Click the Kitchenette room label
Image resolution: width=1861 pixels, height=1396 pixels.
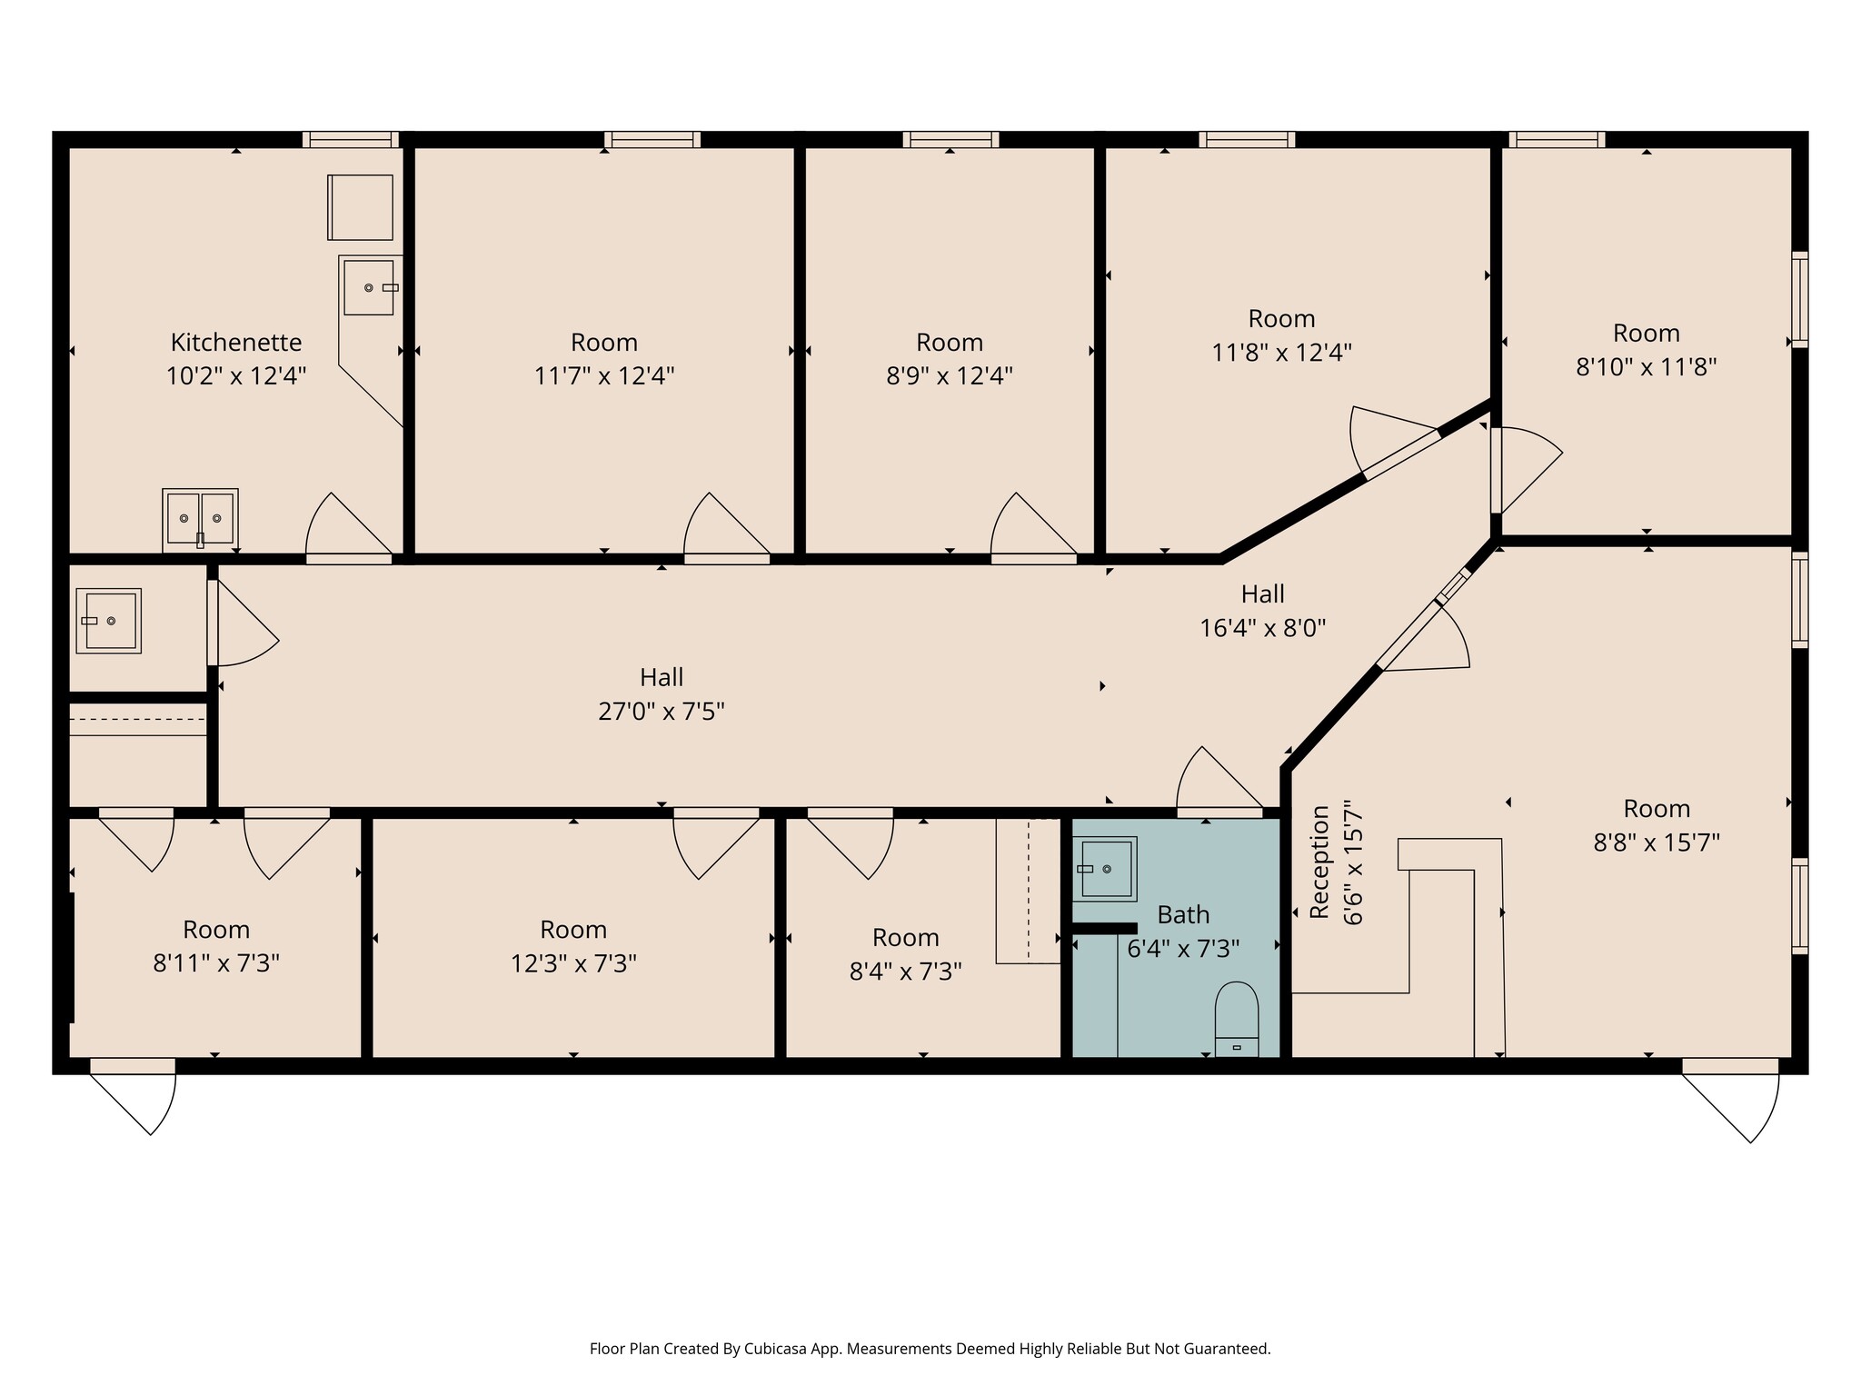[236, 343]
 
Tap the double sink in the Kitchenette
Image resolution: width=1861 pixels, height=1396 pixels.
[200, 519]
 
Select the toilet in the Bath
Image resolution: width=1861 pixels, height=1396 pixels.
[1237, 1019]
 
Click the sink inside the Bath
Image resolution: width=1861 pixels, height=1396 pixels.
[1104, 869]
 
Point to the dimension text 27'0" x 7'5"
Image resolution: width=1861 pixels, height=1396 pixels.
[661, 711]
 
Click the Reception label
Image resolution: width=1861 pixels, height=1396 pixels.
[1319, 862]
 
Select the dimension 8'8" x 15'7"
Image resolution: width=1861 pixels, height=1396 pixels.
[1656, 843]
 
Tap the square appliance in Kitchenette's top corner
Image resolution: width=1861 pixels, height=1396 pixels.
[361, 207]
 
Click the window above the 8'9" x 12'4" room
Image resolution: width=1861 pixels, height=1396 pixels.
[950, 139]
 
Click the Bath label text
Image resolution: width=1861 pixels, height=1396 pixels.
[1182, 914]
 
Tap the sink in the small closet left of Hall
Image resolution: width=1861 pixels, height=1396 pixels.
[109, 621]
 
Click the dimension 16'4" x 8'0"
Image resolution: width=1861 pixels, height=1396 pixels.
[1262, 628]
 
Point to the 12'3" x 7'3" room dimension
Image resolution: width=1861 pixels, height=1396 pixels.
[572, 963]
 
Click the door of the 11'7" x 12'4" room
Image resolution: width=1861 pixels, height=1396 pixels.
[727, 527]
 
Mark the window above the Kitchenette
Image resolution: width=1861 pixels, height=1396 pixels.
[350, 139]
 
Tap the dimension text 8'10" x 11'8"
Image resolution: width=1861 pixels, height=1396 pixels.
[1645, 367]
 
